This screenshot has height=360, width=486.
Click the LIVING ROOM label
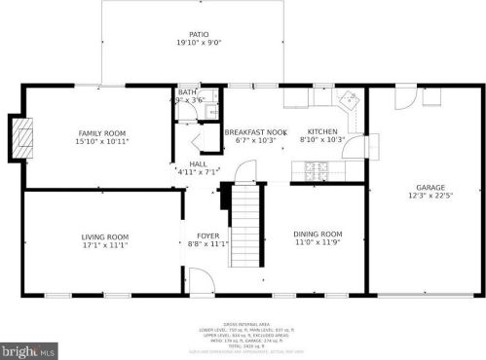coord(105,236)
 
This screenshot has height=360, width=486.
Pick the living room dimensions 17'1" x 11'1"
coord(105,245)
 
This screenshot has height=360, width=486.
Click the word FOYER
coord(207,235)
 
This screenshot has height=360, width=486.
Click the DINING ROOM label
coord(318,234)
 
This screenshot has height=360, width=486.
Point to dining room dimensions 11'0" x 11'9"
coord(318,242)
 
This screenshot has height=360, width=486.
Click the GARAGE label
coord(430,188)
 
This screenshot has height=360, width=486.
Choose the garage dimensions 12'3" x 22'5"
coord(430,197)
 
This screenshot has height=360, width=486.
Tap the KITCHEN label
coord(322,131)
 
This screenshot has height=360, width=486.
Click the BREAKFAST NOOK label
coord(255,131)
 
